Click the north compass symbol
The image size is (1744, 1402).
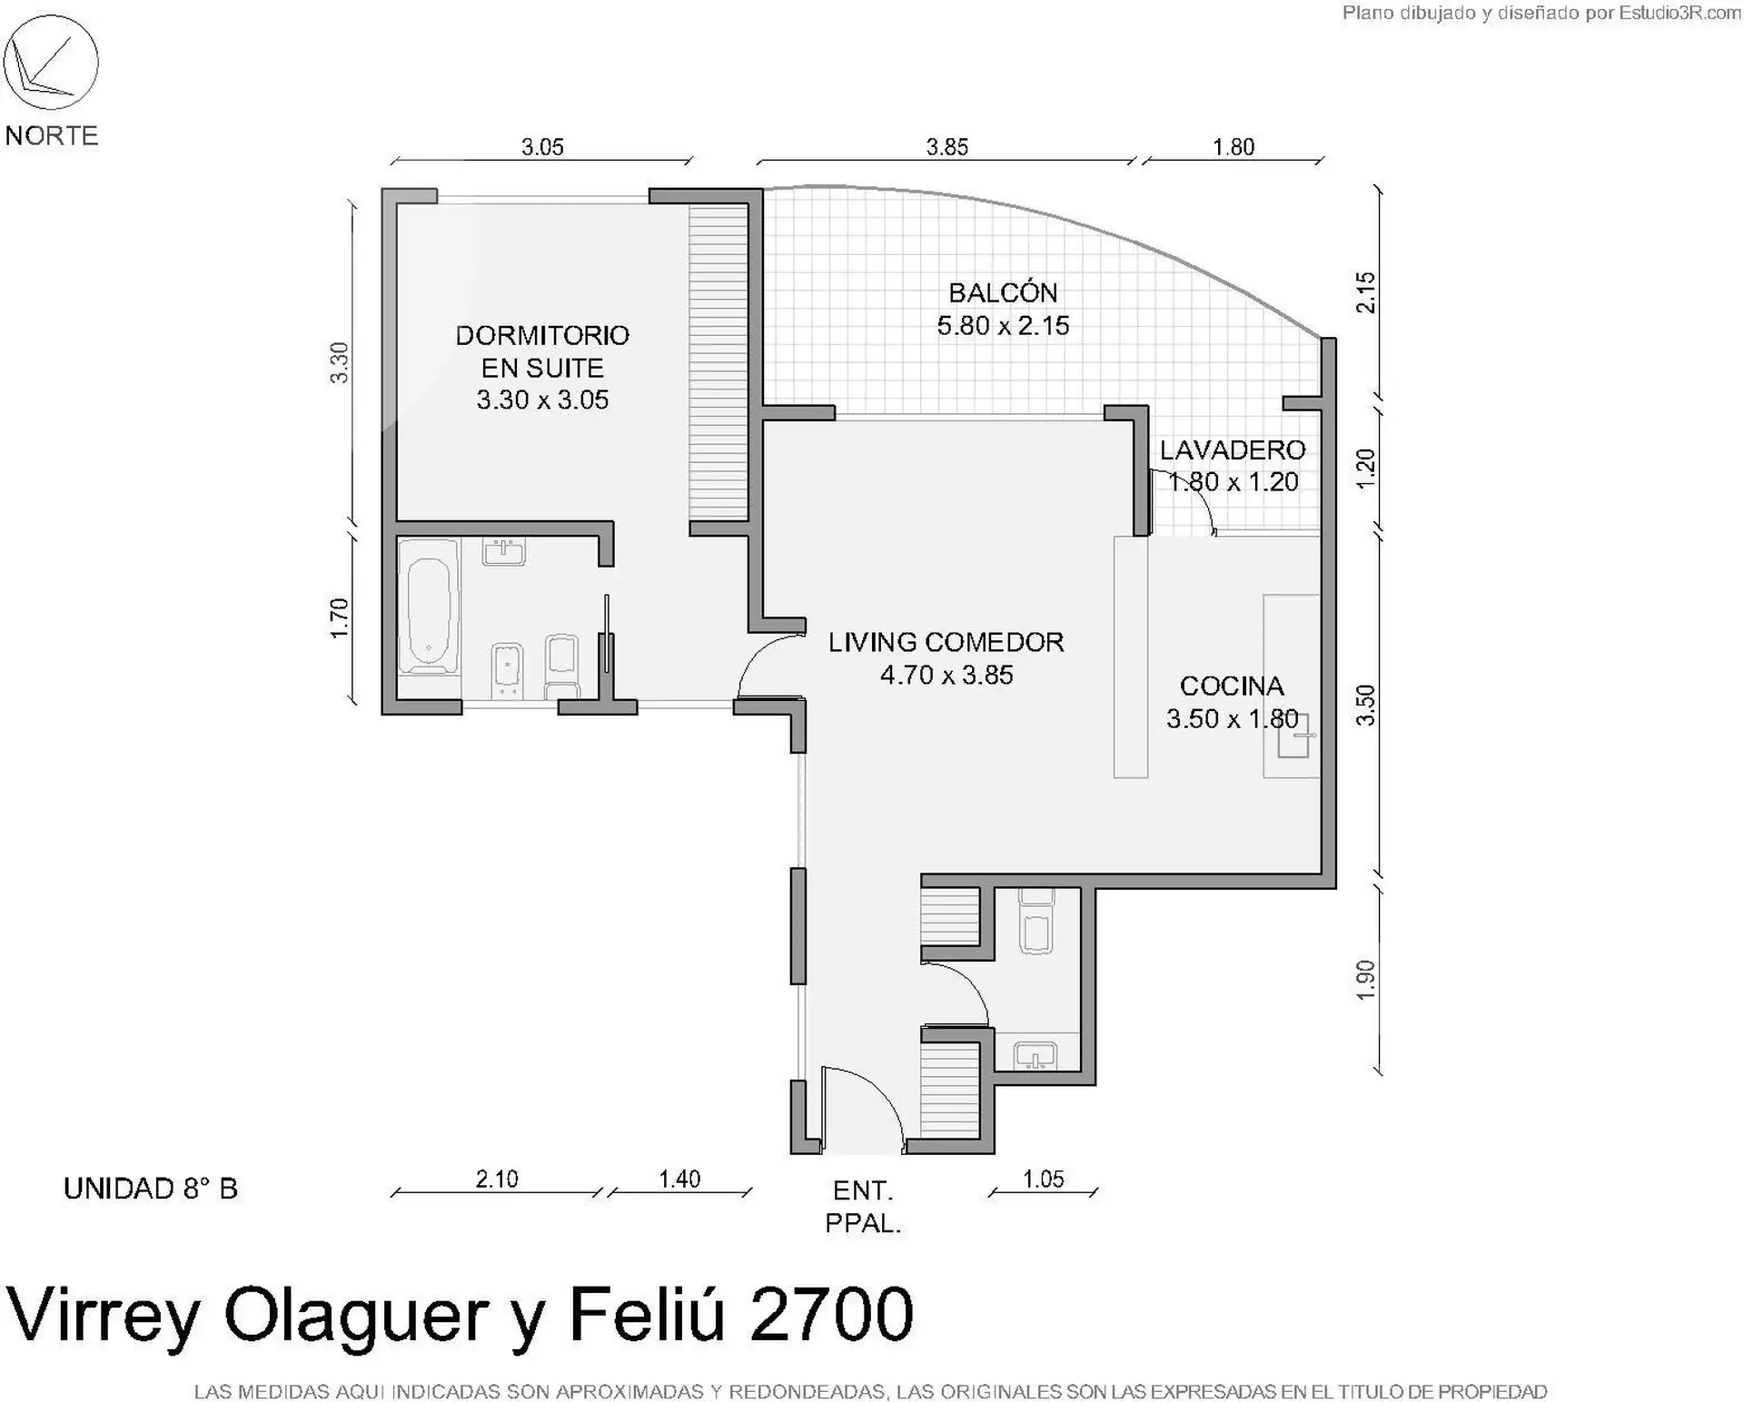click(x=51, y=63)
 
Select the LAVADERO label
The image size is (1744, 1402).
click(x=1233, y=450)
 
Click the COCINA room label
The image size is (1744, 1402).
click(x=1232, y=686)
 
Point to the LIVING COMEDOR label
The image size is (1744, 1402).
click(x=946, y=643)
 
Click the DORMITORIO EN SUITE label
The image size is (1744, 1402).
click(x=542, y=352)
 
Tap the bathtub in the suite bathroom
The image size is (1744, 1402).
click(x=429, y=607)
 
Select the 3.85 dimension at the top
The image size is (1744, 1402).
click(x=947, y=147)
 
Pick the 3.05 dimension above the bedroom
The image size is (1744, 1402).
click(x=542, y=147)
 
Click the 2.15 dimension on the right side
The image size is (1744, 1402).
click(x=1365, y=292)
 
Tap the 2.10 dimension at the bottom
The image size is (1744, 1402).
click(x=497, y=1180)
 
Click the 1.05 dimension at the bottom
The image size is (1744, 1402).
click(x=1044, y=1180)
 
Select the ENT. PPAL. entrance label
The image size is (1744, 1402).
click(x=863, y=1207)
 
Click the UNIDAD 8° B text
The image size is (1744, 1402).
click(x=151, y=1189)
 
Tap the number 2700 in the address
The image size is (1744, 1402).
click(x=831, y=1314)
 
